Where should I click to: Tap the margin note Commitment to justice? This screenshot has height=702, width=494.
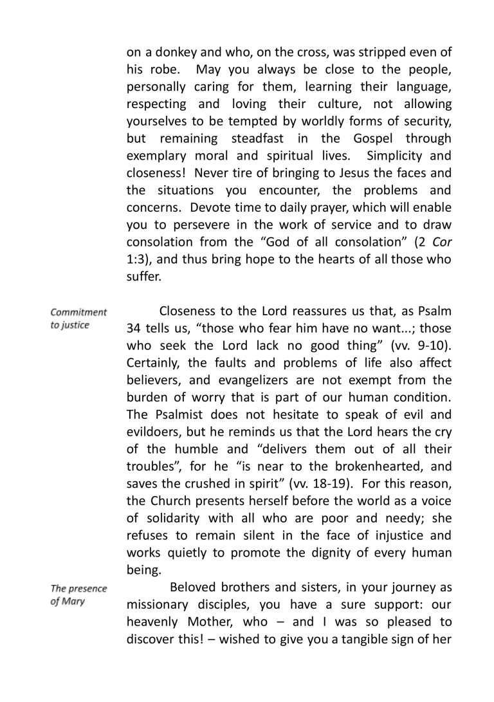click(78, 318)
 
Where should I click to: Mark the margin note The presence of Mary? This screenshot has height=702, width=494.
click(78, 594)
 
